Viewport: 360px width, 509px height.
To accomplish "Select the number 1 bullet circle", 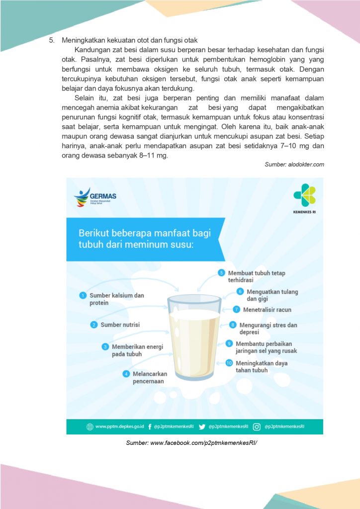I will pyautogui.click(x=83, y=295).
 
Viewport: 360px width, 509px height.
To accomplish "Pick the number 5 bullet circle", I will pyautogui.click(x=222, y=273).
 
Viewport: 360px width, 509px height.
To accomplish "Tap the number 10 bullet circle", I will pyautogui.click(x=229, y=363).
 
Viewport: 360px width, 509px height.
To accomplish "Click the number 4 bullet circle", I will pyautogui.click(x=126, y=374).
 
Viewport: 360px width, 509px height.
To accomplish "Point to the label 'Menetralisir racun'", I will pyautogui.click(x=267, y=310).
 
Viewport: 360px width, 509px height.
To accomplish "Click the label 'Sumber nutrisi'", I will pyautogui.click(x=120, y=325).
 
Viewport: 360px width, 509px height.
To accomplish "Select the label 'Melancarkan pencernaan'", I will pyautogui.click(x=150, y=378).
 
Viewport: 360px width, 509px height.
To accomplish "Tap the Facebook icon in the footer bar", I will pyautogui.click(x=150, y=426).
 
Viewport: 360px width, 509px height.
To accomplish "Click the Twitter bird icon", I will pyautogui.click(x=202, y=426).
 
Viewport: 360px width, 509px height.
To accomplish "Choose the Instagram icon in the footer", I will pyautogui.click(x=257, y=426).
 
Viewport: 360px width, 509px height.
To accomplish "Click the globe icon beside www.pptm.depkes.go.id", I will pyautogui.click(x=90, y=426).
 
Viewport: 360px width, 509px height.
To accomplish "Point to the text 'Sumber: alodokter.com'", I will pyautogui.click(x=294, y=165).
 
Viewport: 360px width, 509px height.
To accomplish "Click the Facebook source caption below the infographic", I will pyautogui.click(x=191, y=442).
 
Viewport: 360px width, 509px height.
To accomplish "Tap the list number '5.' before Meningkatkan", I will pyautogui.click(x=52, y=40).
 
